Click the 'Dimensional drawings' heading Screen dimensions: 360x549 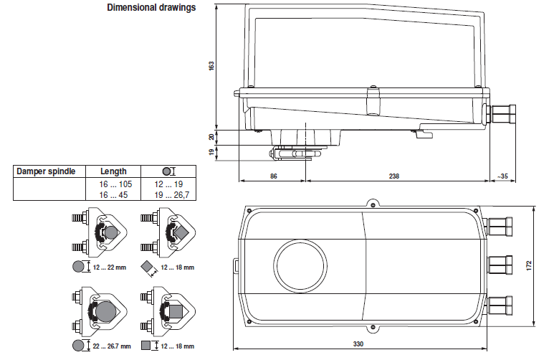click(151, 9)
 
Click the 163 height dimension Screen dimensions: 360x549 click(211, 65)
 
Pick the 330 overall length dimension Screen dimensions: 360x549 click(358, 345)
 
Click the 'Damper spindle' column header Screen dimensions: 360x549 click(46, 171)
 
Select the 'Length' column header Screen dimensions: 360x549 click(113, 171)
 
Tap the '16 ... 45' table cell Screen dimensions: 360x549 click(113, 194)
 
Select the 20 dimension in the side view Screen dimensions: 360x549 click(211, 136)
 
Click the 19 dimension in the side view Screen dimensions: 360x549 click(211, 152)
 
